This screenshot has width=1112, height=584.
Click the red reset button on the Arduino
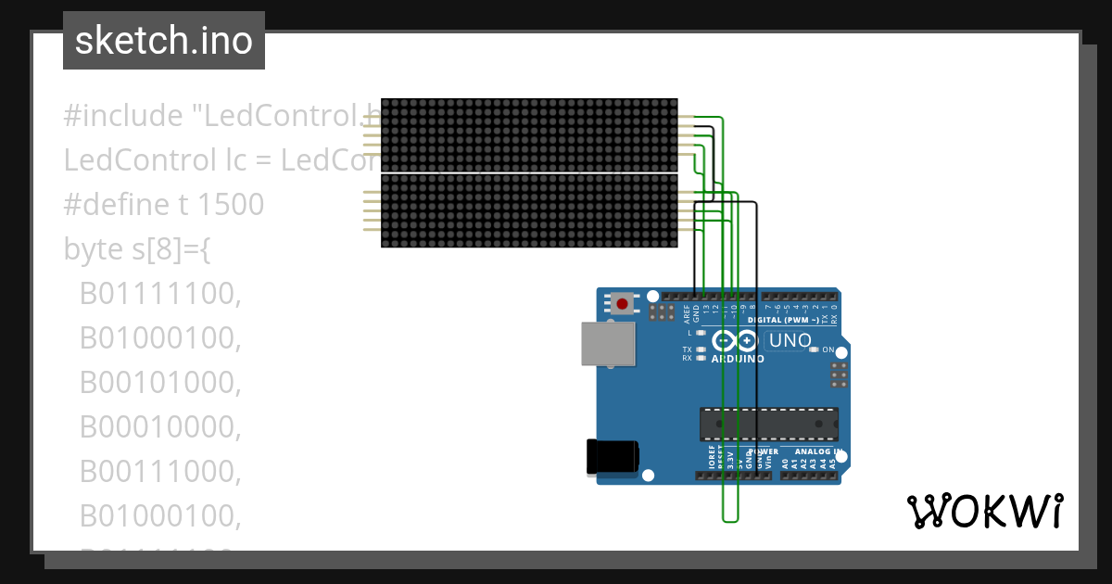click(x=622, y=303)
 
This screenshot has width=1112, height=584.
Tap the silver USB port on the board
click(x=608, y=343)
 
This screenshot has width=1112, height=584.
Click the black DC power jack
click(x=613, y=457)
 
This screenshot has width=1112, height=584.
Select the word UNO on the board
click(x=790, y=341)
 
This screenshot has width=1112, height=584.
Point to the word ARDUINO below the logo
click(x=738, y=359)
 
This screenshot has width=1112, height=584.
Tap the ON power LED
click(x=815, y=349)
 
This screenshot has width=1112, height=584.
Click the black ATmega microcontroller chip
click(x=768, y=424)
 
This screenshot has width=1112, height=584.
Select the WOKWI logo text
click(x=984, y=511)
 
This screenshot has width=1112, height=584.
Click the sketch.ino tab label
click(x=164, y=41)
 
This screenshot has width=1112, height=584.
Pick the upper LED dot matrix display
click(x=529, y=134)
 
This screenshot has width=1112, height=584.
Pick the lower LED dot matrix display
click(x=529, y=211)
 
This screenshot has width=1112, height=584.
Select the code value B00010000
click(x=160, y=427)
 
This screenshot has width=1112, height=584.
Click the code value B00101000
click(x=160, y=383)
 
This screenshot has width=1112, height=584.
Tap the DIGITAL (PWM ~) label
click(x=789, y=320)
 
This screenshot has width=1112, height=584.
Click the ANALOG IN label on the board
click(x=813, y=452)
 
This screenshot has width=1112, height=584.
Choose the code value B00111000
click(x=160, y=472)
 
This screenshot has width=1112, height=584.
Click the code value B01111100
click(x=160, y=294)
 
